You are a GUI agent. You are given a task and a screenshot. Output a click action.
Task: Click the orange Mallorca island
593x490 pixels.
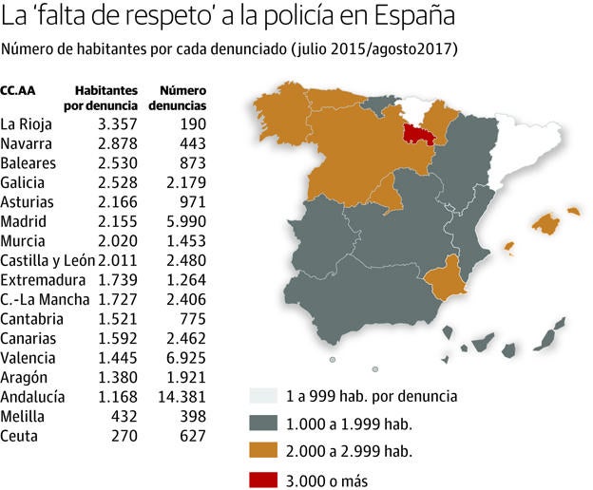point(545,224)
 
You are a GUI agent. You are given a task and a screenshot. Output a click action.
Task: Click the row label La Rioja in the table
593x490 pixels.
point(26,123)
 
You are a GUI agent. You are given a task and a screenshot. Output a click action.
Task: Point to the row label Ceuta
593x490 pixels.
point(20,436)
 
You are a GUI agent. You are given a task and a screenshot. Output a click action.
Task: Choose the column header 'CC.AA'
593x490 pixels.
point(19,89)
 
